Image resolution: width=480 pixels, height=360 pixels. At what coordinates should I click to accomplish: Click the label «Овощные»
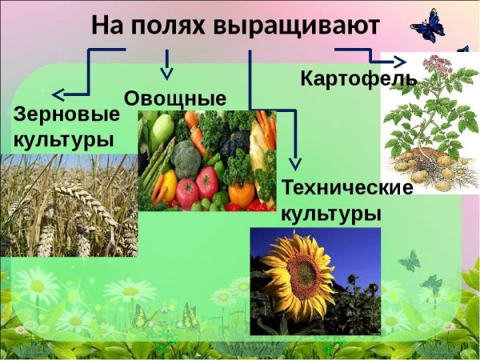175,98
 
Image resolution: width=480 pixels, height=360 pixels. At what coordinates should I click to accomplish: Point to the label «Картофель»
358,78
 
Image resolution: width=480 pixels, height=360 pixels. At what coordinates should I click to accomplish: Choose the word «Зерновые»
66,114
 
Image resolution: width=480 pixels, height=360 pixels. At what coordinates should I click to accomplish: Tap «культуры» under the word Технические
330,214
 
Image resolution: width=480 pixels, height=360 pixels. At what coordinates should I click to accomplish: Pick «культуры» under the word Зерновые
63,139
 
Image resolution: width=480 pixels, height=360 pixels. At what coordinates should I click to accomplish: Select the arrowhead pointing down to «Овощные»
166,74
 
